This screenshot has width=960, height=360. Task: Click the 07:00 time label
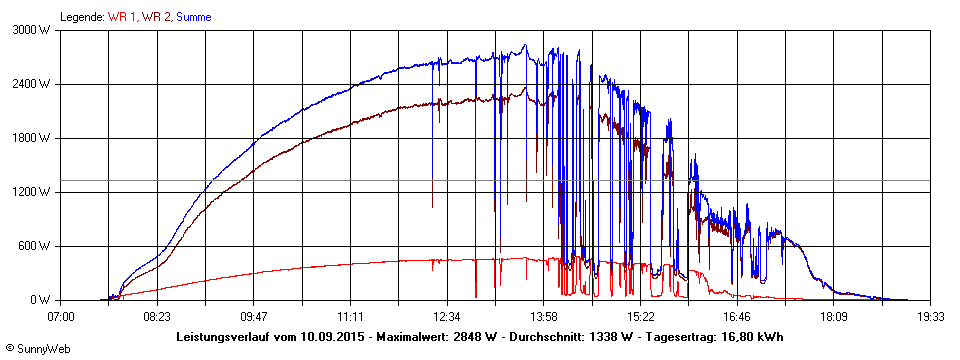coord(61,316)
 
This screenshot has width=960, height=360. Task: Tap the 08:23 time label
coord(157,316)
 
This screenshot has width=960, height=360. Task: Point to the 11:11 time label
coord(351,316)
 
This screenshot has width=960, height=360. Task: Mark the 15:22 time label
coord(640,316)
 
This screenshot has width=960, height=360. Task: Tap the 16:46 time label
coord(737,316)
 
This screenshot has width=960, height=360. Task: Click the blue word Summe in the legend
coord(194,17)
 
